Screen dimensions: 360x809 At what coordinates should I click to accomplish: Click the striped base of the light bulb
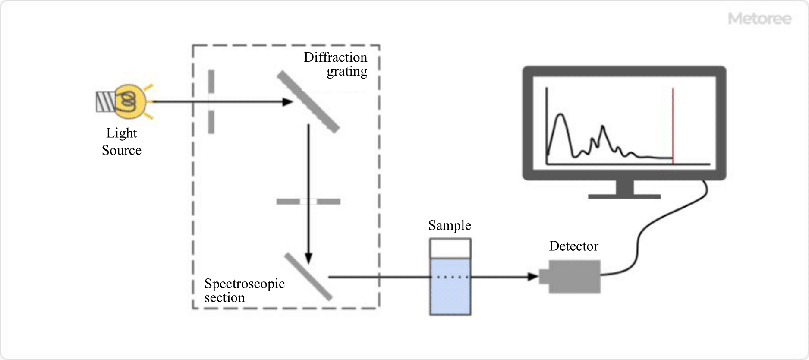[x=105, y=102]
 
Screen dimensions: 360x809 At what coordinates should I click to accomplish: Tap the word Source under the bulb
[x=121, y=150]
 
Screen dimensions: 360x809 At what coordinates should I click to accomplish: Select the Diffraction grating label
[x=336, y=64]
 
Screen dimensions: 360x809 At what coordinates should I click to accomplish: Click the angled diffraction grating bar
[x=308, y=101]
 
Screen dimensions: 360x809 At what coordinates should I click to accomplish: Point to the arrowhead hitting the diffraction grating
[x=288, y=102]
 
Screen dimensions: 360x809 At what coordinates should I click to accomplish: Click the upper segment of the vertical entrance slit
[x=211, y=81]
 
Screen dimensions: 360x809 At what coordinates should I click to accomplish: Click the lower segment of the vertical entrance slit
[x=211, y=122]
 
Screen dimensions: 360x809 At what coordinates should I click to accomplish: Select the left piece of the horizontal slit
[x=288, y=202]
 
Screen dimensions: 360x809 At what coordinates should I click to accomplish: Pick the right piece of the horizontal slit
[x=329, y=202]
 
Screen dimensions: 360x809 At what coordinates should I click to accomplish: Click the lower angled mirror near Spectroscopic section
[x=308, y=277]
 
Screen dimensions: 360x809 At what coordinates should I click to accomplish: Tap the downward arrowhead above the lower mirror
[x=308, y=258]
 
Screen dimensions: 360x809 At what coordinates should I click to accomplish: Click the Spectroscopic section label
[x=244, y=291]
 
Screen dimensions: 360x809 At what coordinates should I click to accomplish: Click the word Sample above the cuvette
[x=450, y=225]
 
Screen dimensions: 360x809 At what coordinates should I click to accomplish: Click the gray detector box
[x=574, y=277]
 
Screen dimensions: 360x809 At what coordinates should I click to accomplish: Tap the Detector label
[x=573, y=246]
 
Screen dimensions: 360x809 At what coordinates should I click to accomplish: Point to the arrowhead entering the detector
[x=533, y=277]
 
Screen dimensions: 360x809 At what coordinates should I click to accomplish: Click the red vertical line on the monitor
[x=673, y=125]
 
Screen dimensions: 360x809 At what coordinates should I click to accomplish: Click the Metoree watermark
[x=759, y=19]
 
